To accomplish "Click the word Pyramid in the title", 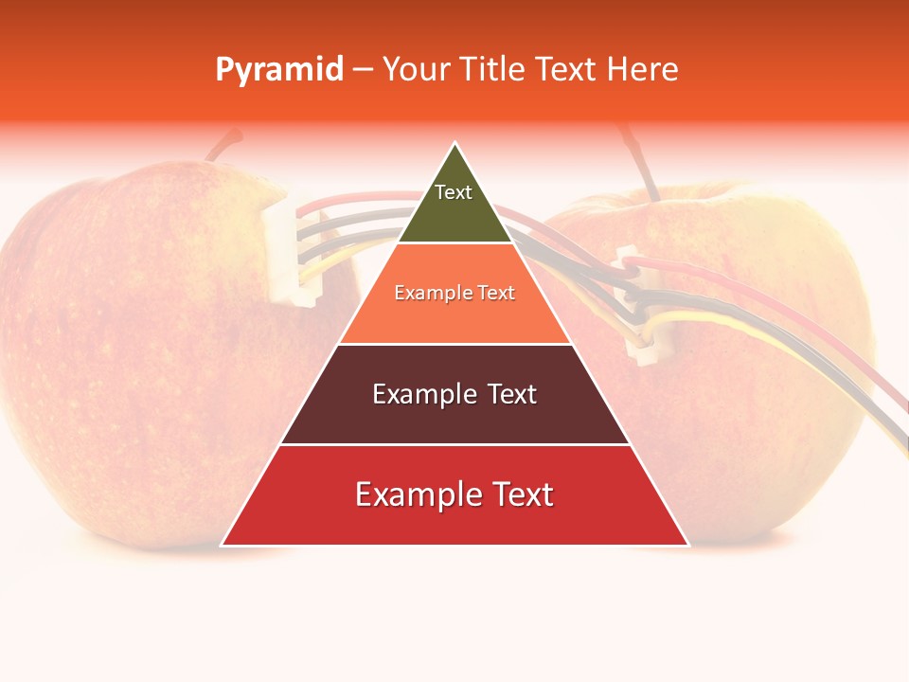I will (279, 70).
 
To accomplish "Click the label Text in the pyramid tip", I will (453, 192).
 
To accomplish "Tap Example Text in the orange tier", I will (454, 293).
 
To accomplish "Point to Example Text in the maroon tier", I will (454, 394).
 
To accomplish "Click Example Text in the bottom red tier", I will (454, 494).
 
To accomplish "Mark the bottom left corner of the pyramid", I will (223, 545).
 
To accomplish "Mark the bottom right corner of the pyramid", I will (688, 545).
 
